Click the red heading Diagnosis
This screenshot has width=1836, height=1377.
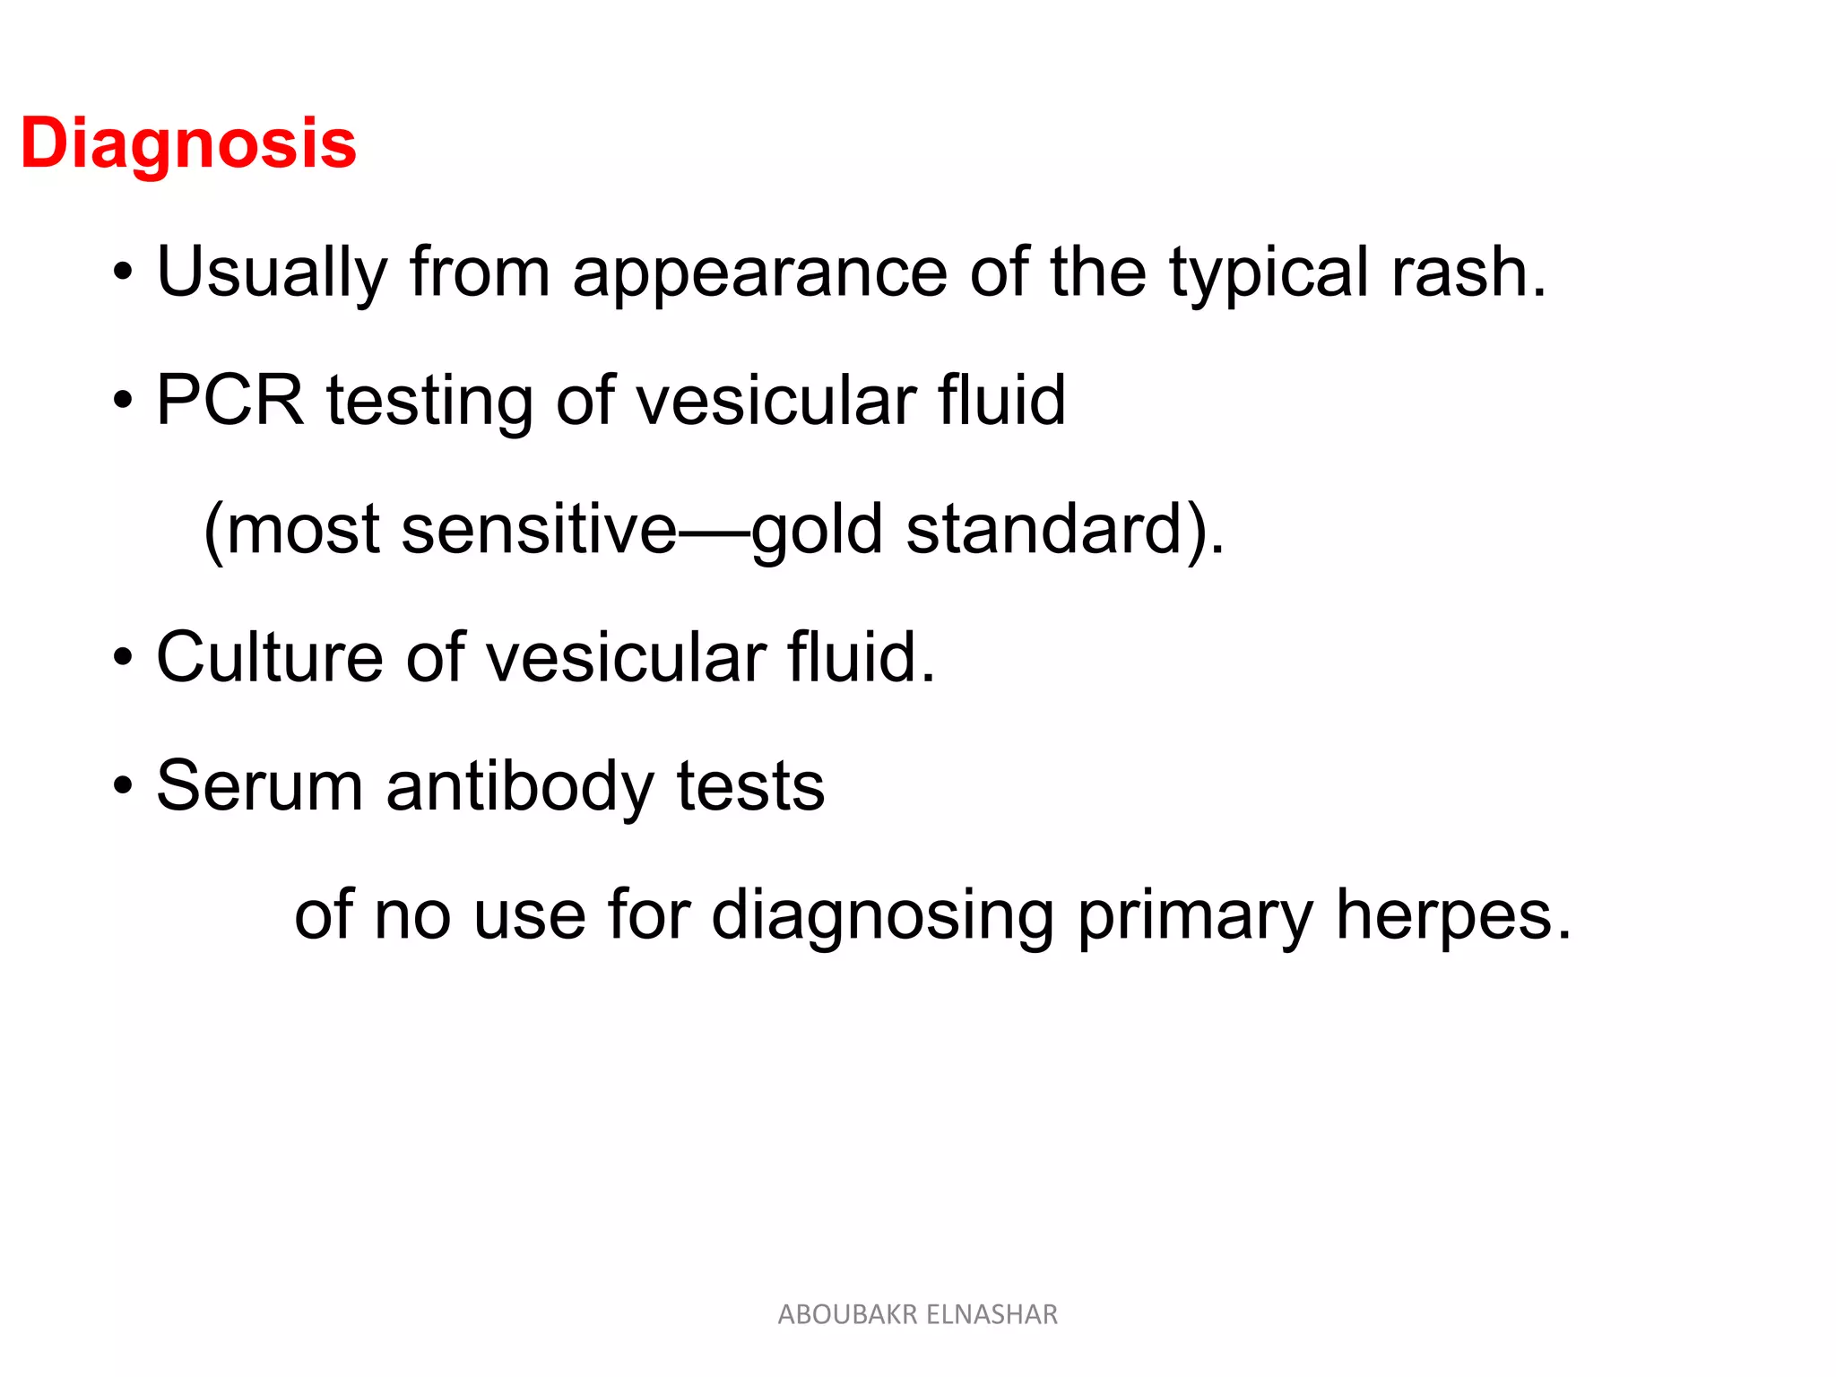188,143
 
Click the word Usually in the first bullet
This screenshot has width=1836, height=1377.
272,273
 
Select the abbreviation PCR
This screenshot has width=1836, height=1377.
230,401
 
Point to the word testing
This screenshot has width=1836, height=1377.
429,401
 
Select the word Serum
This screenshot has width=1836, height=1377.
260,786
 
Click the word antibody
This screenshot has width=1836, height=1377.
519,786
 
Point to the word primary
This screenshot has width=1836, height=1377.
1194,915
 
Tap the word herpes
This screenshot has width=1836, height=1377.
1452,915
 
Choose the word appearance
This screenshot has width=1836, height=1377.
760,273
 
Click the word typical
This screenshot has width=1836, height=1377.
1269,273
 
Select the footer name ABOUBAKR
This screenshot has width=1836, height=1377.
847,1314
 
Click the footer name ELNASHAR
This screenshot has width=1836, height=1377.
992,1314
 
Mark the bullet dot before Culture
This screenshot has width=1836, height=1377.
123,660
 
